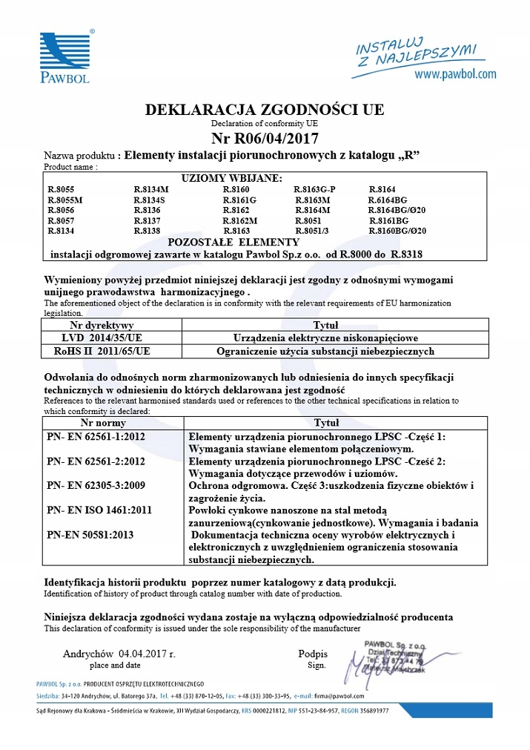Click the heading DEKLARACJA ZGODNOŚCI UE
[265, 110]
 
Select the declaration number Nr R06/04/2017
[265, 138]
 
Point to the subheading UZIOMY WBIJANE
[232, 179]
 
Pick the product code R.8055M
[65, 200]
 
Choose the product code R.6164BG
[388, 200]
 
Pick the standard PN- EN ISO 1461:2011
[99, 510]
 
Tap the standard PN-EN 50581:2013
[90, 534]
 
